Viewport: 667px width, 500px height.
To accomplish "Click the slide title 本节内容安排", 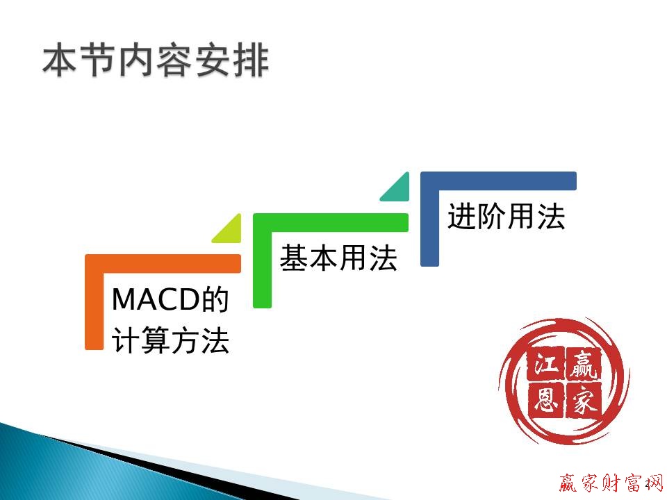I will coord(155,62).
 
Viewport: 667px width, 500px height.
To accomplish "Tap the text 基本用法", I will coord(338,259).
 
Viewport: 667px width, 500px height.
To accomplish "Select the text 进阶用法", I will coord(506,217).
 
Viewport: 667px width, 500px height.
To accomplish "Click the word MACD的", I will coord(170,300).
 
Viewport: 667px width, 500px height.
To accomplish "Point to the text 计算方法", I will coord(170,342).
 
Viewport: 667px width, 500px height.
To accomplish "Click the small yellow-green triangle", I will coord(230,231).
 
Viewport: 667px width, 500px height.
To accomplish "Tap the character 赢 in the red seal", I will coord(582,365).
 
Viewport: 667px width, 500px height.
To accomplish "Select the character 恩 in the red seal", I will coord(545,401).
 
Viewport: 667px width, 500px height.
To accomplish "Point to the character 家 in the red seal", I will coord(582,401).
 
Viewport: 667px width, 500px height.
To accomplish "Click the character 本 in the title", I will coord(59,62).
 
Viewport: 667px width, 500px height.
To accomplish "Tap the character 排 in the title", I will coord(250,62).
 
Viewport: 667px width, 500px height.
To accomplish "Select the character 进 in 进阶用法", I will coord(461,217).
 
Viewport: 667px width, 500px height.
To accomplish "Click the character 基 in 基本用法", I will coord(294,259).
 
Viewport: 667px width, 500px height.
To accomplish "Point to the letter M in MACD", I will coord(123,300).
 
